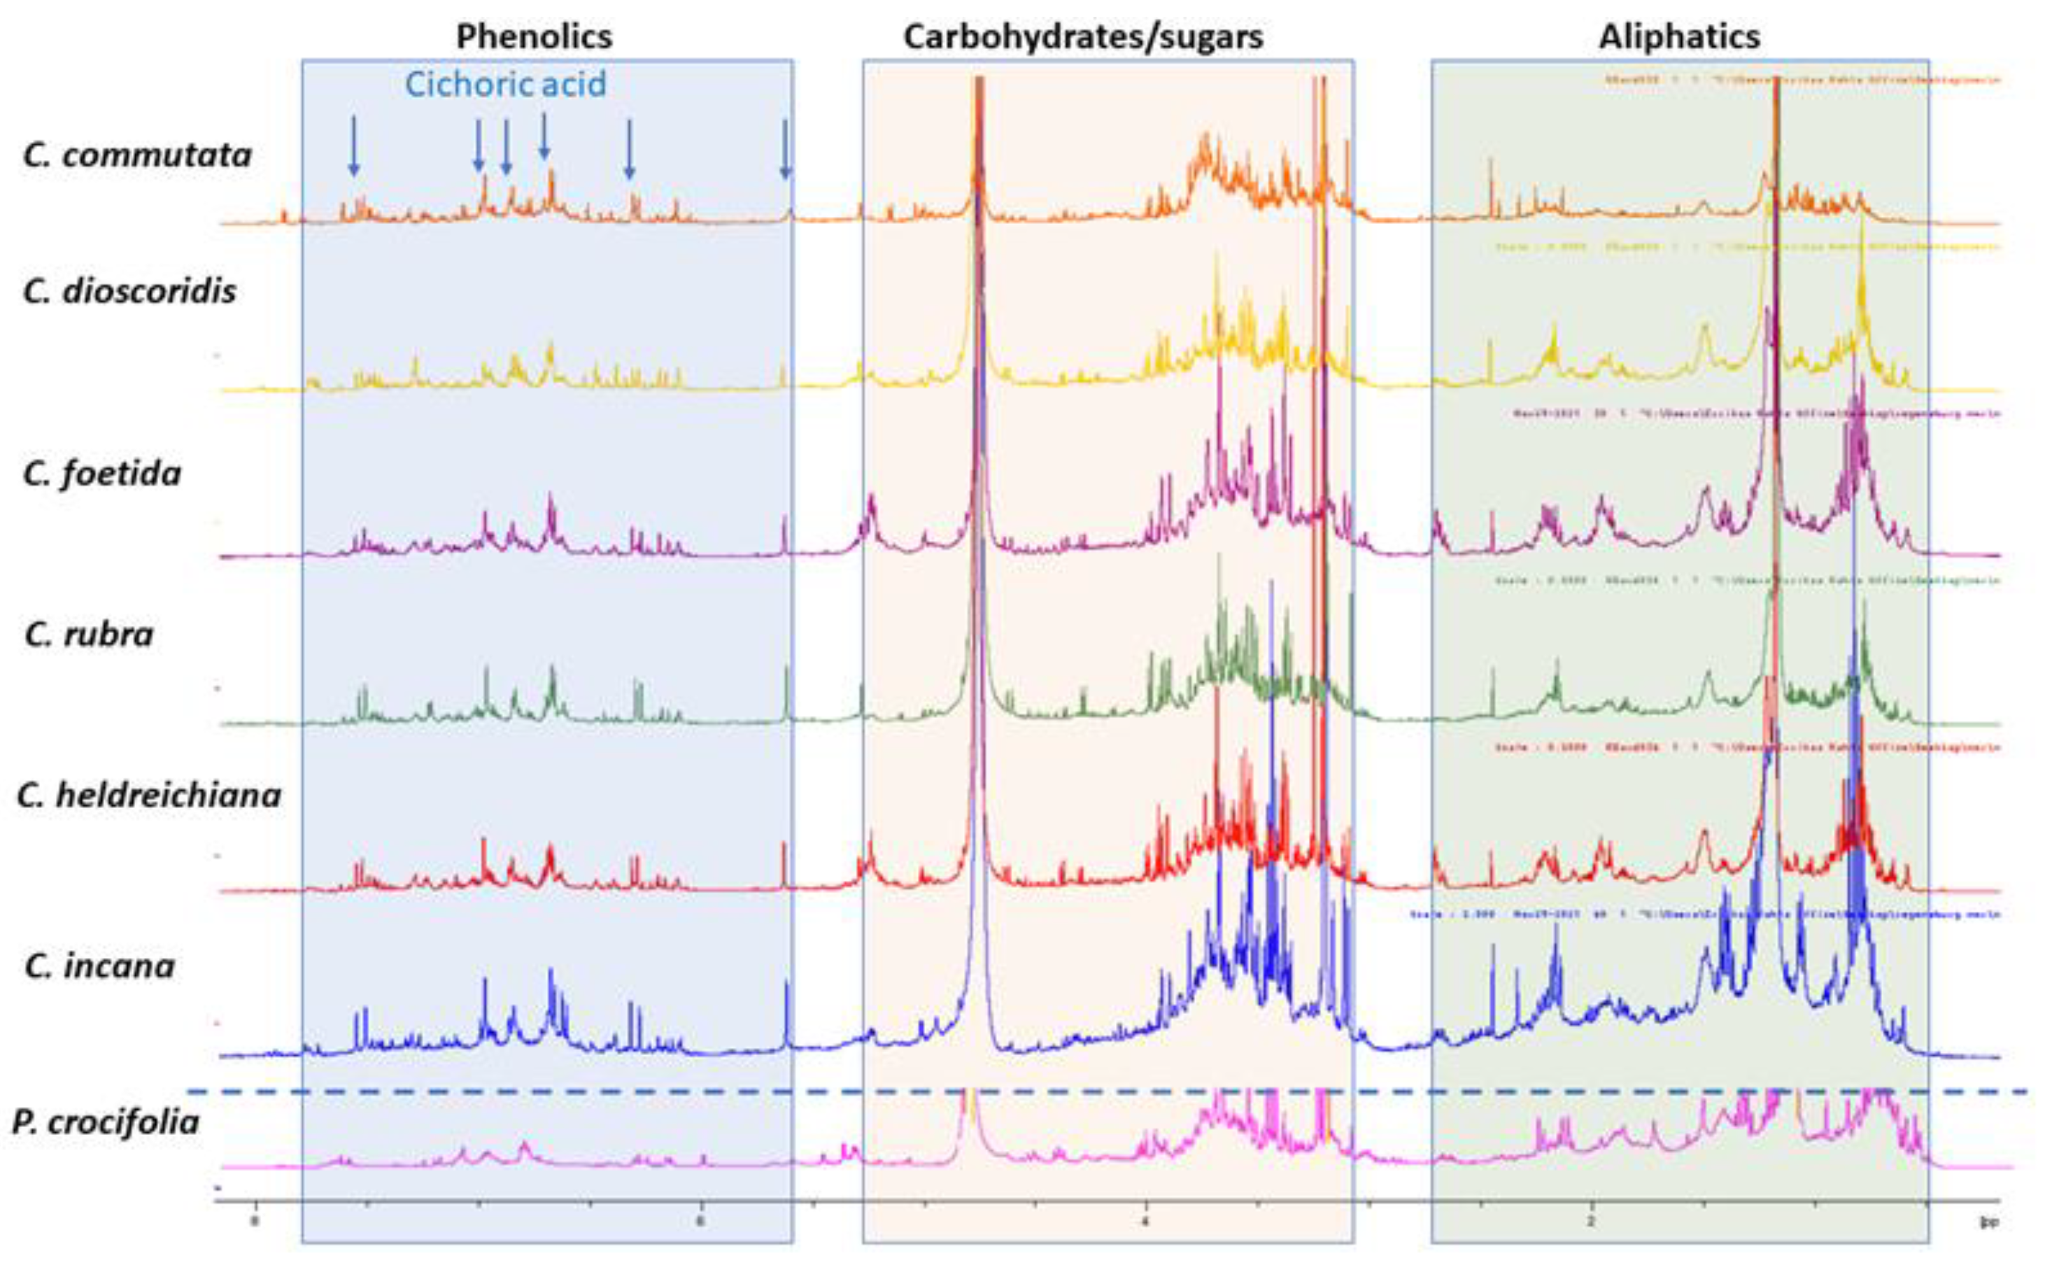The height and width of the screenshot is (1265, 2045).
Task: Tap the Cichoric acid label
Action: (505, 85)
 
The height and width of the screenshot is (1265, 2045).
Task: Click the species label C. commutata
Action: (137, 155)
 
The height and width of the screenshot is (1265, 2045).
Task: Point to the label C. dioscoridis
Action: (129, 291)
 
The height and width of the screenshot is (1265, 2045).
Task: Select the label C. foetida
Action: (102, 474)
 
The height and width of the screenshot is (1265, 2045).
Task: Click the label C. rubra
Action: (89, 634)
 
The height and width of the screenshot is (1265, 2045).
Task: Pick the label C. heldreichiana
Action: (149, 794)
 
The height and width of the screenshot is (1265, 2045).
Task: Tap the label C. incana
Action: (99, 966)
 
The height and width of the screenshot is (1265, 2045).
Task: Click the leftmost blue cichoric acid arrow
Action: (354, 146)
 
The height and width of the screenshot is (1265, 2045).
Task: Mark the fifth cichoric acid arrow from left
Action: (630, 149)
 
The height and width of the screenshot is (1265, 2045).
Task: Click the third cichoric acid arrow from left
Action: (506, 147)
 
